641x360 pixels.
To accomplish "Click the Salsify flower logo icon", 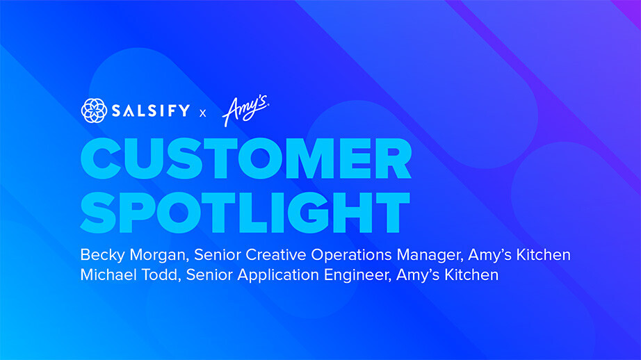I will tap(95, 111).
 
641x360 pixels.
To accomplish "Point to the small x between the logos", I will tap(203, 112).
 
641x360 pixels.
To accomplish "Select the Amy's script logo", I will tap(245, 110).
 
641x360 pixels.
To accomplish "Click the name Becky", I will tap(101, 255).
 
